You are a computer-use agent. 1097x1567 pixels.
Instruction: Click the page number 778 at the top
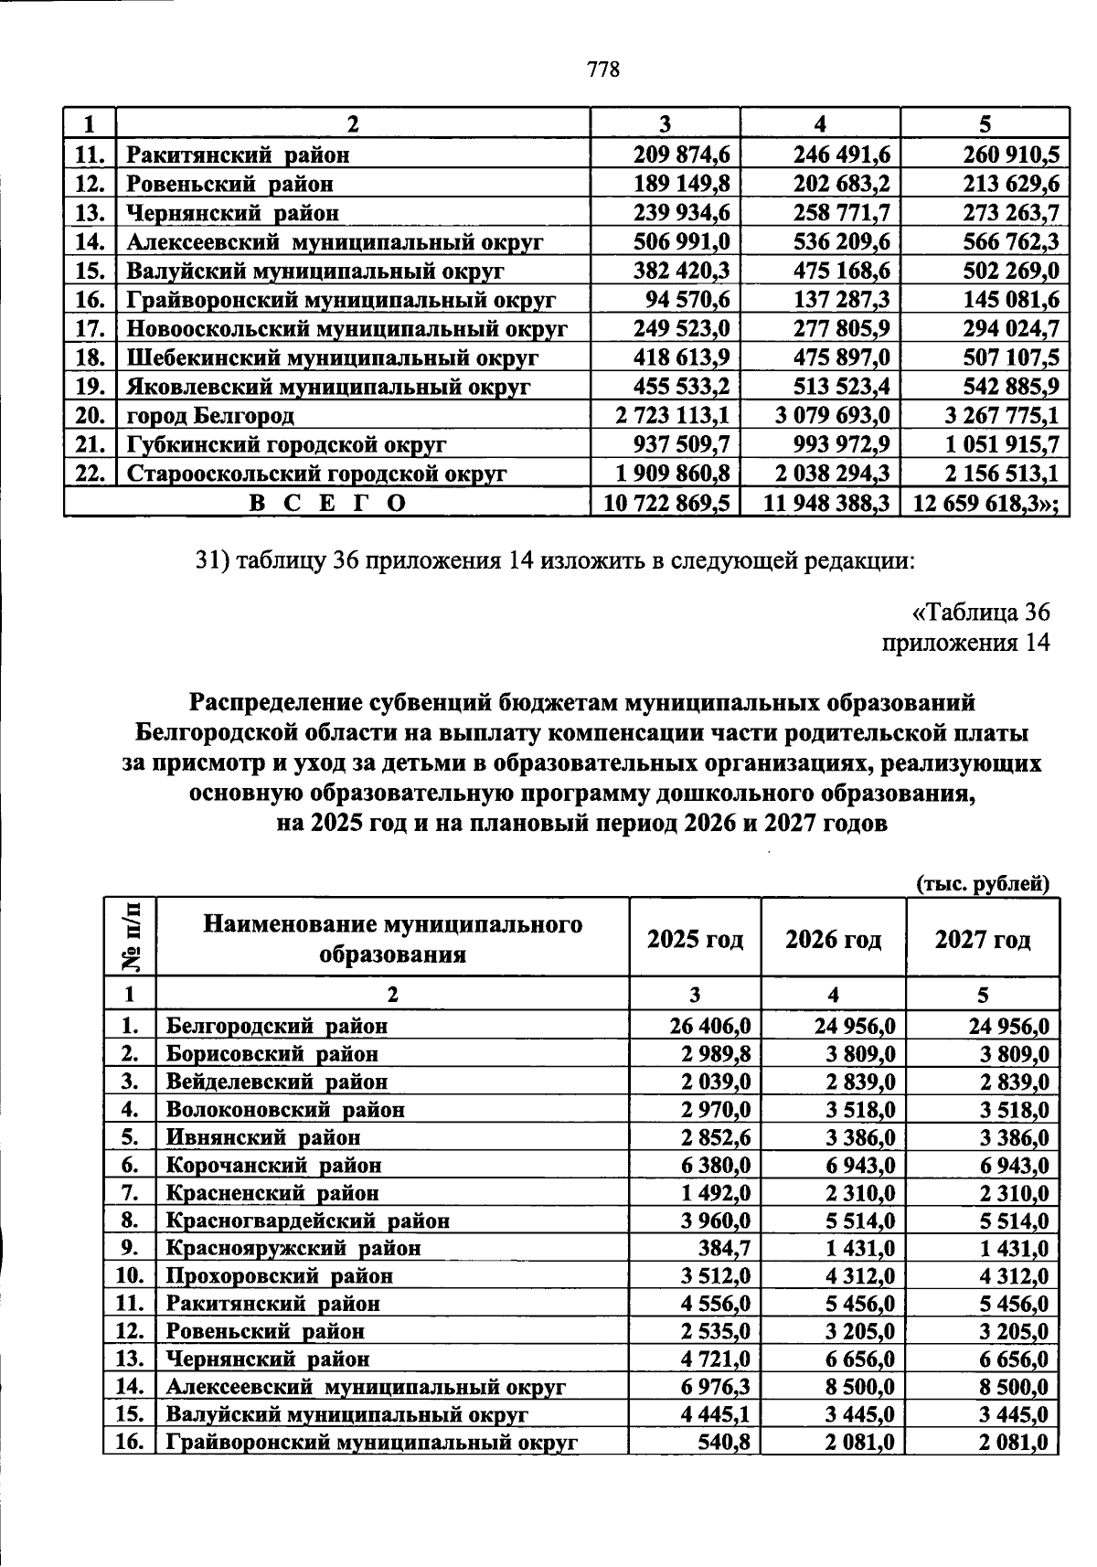click(x=603, y=69)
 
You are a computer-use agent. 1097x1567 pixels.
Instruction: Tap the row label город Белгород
click(x=210, y=417)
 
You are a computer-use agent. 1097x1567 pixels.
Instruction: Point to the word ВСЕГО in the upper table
click(x=327, y=503)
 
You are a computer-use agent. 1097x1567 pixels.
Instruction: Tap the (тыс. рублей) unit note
click(x=982, y=883)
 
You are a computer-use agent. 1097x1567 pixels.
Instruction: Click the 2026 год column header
click(x=833, y=940)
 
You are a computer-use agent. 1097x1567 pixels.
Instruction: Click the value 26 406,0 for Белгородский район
click(x=710, y=1026)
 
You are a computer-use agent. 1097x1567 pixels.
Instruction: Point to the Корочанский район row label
click(x=273, y=1165)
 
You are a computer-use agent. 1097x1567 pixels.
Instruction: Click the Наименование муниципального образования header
click(x=392, y=939)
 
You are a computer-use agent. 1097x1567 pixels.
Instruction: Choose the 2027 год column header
click(x=982, y=940)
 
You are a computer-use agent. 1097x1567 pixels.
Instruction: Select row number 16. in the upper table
click(x=91, y=300)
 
